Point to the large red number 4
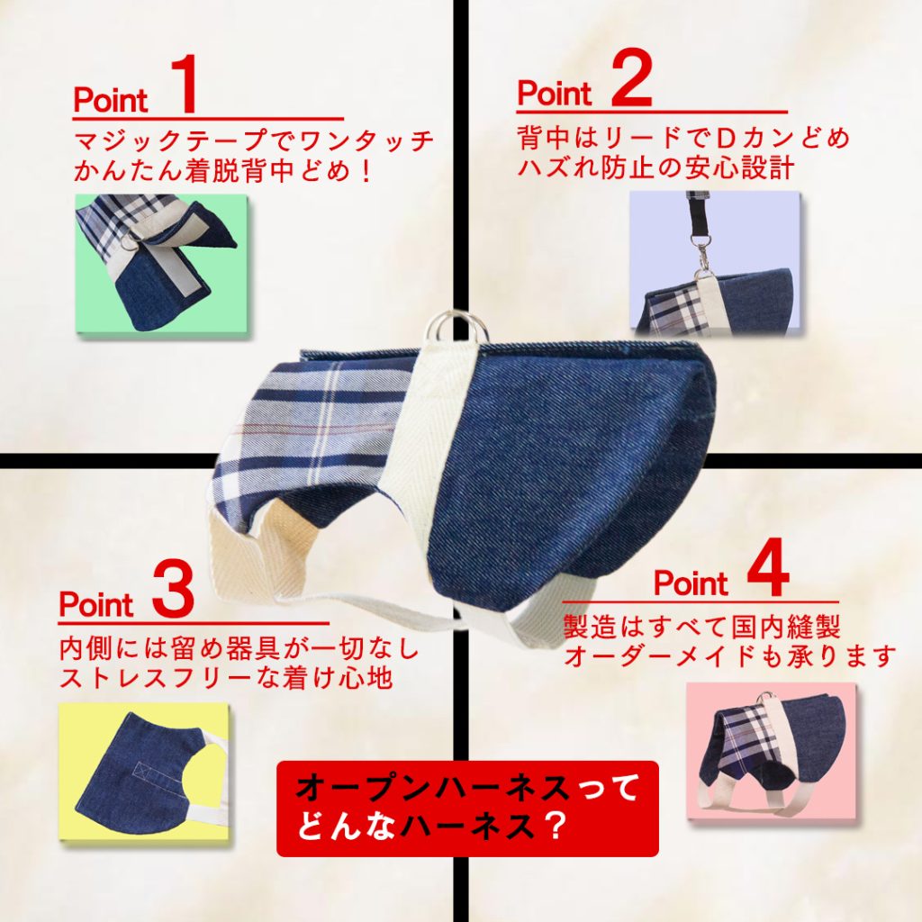tap(768, 568)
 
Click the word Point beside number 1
tap(111, 100)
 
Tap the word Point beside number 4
tap(691, 583)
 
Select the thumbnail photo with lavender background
tap(715, 263)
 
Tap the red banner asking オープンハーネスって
tap(467, 809)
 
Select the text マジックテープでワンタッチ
tap(254, 141)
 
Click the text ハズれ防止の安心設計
tap(655, 167)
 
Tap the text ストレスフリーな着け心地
tap(226, 678)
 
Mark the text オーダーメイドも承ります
tap(729, 656)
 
